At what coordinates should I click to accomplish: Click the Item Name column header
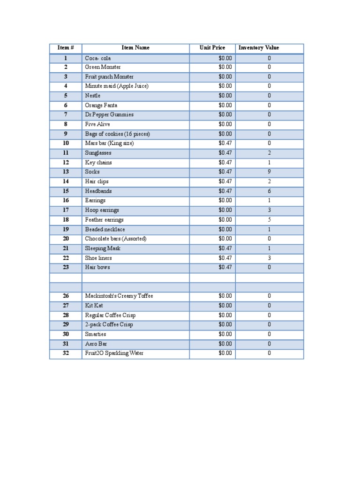(x=135, y=48)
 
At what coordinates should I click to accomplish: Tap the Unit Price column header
(x=212, y=48)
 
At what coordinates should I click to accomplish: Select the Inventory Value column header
(x=259, y=48)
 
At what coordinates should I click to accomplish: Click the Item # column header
(x=66, y=48)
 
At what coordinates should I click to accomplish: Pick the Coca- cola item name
(x=98, y=58)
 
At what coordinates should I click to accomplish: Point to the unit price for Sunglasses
(x=225, y=153)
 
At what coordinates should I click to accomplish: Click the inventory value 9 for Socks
(x=269, y=172)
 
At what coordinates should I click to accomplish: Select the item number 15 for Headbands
(x=66, y=191)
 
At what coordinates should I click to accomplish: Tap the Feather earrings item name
(x=104, y=220)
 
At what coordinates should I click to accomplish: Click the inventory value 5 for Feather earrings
(x=269, y=220)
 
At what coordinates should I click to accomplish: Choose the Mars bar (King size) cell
(x=109, y=143)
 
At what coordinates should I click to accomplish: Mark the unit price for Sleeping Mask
(x=225, y=248)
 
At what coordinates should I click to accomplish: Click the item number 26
(x=66, y=296)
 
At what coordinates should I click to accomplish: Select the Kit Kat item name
(x=94, y=306)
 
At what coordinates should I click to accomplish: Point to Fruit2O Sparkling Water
(x=114, y=353)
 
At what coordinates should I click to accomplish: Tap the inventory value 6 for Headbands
(x=269, y=191)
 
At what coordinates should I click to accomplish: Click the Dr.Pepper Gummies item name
(x=109, y=115)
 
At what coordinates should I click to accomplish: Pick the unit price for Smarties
(x=225, y=334)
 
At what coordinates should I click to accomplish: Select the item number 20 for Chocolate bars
(x=66, y=239)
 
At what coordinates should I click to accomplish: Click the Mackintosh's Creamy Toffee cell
(x=119, y=296)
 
